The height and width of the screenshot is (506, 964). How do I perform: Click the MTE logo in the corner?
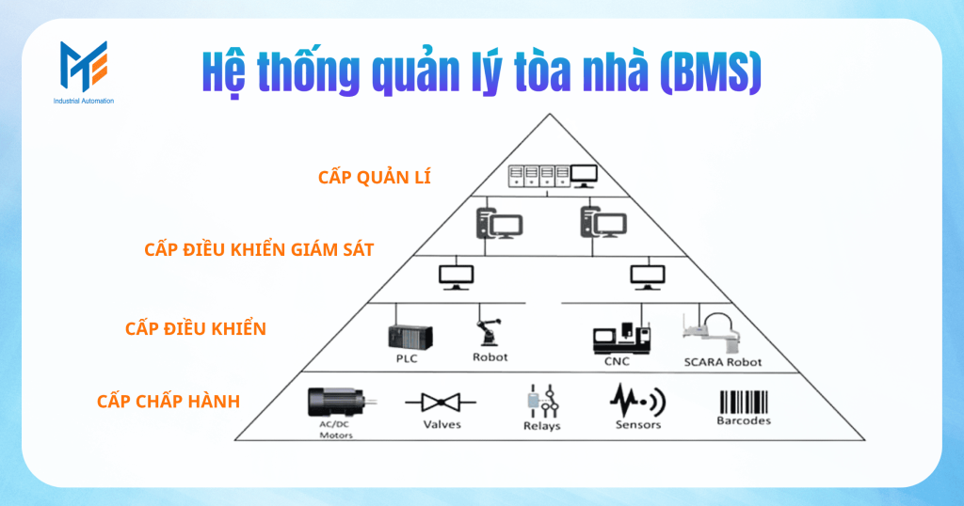(83, 66)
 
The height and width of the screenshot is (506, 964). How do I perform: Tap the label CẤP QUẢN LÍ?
(375, 176)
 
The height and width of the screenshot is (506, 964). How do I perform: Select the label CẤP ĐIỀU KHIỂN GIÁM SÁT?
(259, 249)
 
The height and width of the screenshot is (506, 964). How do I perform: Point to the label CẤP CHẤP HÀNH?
(168, 402)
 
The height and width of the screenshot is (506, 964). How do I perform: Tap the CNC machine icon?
(620, 338)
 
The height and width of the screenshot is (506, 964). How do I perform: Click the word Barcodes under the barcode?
(744, 421)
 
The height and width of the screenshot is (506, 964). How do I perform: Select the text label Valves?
(442, 425)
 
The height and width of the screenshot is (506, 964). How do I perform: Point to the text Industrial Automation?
(84, 101)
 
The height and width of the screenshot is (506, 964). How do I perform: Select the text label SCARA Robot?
(722, 362)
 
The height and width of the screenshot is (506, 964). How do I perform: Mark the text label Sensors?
(638, 425)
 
